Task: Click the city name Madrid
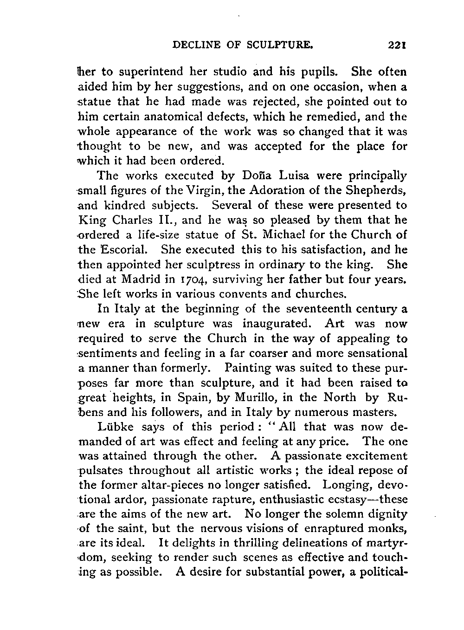[145, 279]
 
